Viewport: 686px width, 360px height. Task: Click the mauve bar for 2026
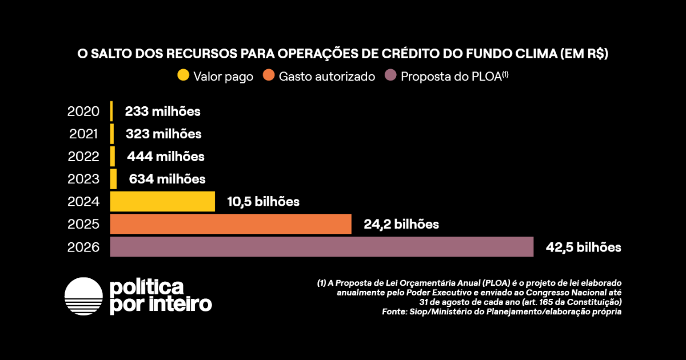tap(321, 247)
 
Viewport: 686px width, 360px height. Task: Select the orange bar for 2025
tap(230, 224)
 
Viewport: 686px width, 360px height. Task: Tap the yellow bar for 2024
tap(162, 201)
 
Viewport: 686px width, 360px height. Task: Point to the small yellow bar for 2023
tap(114, 179)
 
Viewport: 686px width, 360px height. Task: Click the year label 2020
tap(83, 111)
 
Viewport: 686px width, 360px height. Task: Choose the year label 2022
tap(83, 157)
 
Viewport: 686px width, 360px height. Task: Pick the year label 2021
tap(84, 134)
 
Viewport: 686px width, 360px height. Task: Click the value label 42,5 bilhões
tap(583, 247)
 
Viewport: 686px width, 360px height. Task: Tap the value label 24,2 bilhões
tap(401, 224)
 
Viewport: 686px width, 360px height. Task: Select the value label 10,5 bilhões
tap(263, 202)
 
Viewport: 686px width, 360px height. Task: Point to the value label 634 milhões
tap(167, 179)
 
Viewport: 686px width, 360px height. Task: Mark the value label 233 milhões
tap(163, 111)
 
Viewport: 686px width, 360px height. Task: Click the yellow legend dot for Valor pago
tap(183, 75)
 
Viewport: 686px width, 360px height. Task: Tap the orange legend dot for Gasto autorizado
tap(268, 75)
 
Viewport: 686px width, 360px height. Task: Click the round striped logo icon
tap(83, 297)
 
